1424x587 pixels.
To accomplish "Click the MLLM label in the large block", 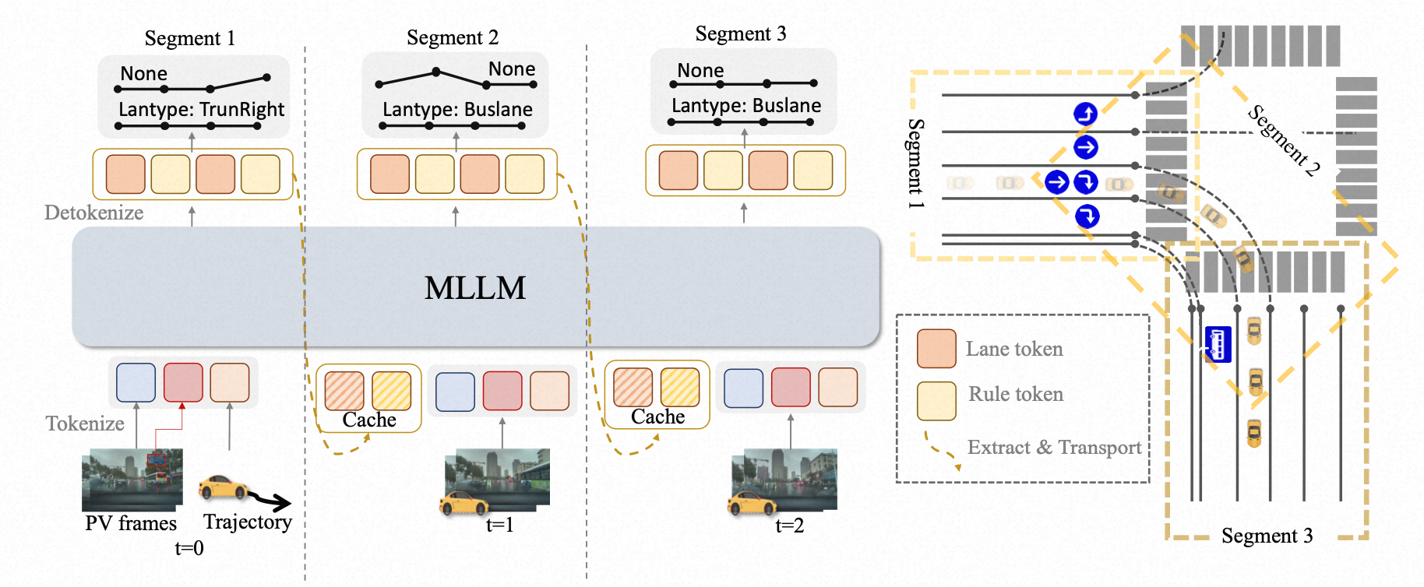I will point(474,288).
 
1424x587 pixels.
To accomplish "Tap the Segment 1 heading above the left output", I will point(189,38).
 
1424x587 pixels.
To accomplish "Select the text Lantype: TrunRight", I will point(201,110).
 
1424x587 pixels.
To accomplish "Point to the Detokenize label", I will point(93,213).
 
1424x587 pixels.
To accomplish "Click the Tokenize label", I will point(85,424).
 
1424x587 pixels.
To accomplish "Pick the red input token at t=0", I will point(183,382).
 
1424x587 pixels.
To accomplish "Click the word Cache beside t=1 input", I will point(369,420).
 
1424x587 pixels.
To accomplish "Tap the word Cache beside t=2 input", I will point(657,417).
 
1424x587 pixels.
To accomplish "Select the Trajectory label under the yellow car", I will point(248,522).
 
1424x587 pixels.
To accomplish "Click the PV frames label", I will point(131,523).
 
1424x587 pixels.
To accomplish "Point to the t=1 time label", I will point(499,525).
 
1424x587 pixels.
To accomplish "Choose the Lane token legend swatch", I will point(936,349).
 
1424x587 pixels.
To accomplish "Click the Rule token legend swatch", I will point(936,400).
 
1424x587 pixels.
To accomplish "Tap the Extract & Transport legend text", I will point(1054,448).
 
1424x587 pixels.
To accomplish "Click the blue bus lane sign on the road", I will point(1218,344).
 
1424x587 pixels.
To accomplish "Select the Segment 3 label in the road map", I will point(1267,536).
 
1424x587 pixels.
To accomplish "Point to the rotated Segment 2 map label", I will point(1284,141).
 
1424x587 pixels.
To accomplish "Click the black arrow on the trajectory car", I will point(273,501).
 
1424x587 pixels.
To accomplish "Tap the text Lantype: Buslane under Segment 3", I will point(745,106).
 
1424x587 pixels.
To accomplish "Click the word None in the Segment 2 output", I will point(511,69).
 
